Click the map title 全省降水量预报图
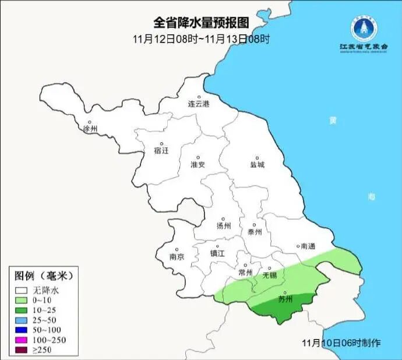click(201, 23)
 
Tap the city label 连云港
click(198, 104)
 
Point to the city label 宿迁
click(161, 150)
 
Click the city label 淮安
click(198, 164)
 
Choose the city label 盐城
click(257, 164)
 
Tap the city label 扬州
click(224, 225)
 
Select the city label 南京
click(177, 256)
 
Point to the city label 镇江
click(217, 253)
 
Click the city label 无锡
click(269, 274)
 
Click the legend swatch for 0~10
click(22, 300)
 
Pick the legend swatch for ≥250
click(22, 350)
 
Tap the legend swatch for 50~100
click(22, 330)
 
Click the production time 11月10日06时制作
click(342, 343)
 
